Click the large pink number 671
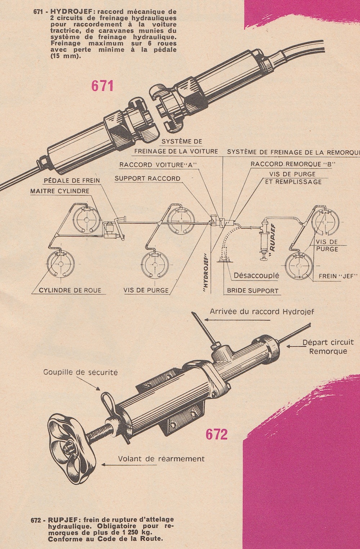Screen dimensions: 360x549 [103, 86]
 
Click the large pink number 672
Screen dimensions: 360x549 [216, 435]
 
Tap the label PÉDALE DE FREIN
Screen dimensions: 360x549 [72, 181]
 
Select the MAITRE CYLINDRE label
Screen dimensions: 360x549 [60, 191]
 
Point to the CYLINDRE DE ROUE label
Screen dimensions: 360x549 [70, 291]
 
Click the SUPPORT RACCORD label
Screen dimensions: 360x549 [148, 179]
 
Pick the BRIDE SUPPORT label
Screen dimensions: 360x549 [253, 291]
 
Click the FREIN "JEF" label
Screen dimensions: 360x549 [338, 276]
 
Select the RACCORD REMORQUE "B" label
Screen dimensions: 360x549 [293, 164]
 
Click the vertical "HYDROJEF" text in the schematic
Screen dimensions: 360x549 [206, 272]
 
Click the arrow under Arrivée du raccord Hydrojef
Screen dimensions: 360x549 [238, 320]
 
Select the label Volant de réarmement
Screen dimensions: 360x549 [161, 459]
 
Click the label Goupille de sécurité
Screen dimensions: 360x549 [80, 372]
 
